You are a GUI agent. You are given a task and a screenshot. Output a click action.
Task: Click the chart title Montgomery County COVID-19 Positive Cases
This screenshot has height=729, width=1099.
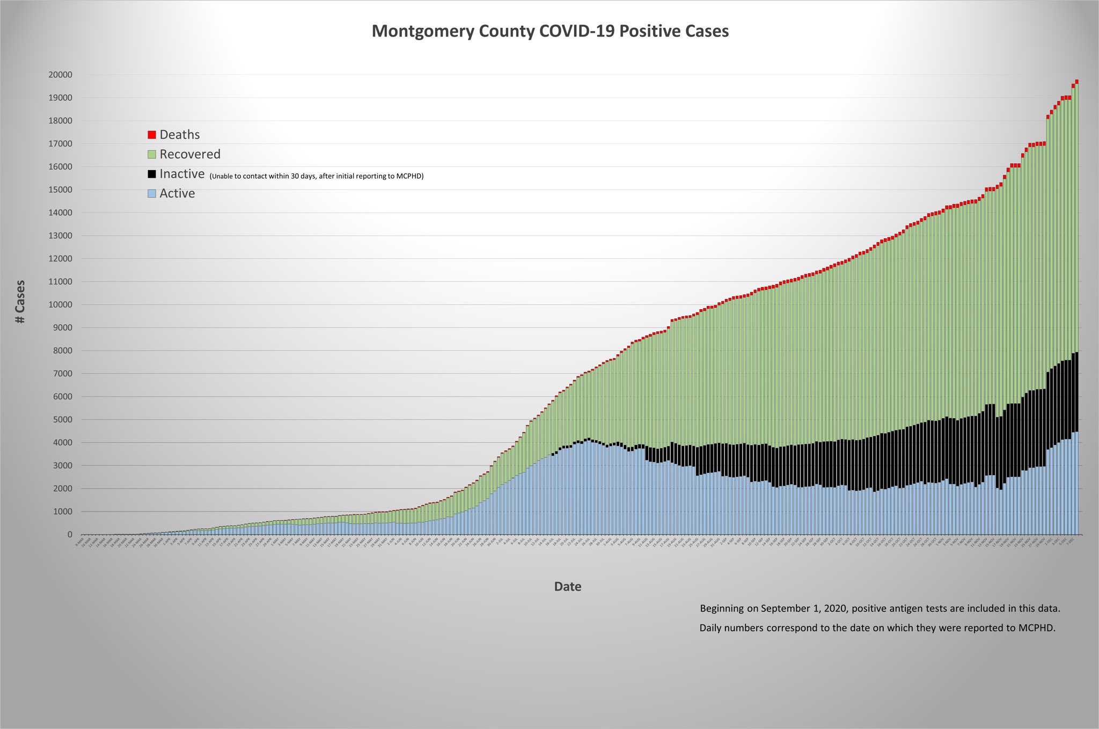[550, 31]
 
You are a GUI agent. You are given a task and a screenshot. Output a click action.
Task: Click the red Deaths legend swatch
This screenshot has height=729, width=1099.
[152, 135]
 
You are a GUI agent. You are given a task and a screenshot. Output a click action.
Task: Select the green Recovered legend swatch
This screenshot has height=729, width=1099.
[152, 155]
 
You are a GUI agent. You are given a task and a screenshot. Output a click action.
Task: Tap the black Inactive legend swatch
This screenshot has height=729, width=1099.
[152, 174]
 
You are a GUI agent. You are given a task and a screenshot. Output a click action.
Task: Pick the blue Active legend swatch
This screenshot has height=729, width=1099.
[152, 193]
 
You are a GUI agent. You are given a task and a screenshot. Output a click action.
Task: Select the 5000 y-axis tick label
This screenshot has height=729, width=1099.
[62, 420]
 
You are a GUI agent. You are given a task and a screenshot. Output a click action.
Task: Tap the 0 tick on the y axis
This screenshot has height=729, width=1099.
[70, 535]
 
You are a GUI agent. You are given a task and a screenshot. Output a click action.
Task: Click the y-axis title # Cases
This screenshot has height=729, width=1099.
[20, 302]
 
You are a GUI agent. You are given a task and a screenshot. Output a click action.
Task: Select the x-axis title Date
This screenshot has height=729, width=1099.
[567, 587]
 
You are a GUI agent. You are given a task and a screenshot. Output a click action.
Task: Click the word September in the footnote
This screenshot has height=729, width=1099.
[784, 609]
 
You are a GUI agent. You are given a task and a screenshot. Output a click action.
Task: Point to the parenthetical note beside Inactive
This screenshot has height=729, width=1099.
[317, 176]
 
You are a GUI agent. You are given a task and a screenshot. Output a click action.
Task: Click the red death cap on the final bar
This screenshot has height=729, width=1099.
[1076, 82]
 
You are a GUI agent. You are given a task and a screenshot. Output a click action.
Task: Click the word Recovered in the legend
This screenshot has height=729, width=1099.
[190, 155]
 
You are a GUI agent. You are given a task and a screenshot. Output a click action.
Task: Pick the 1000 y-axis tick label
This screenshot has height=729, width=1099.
[62, 512]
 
